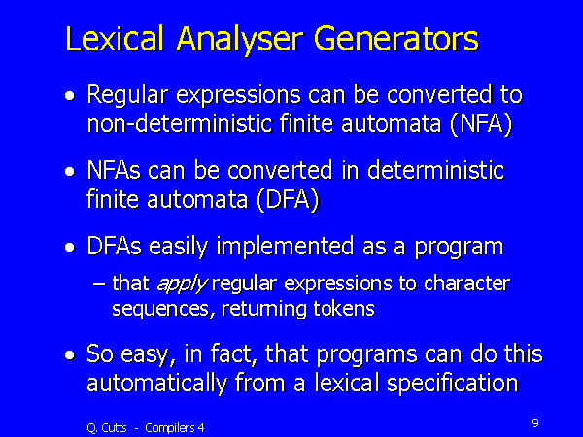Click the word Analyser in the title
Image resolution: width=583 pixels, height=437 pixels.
click(x=236, y=39)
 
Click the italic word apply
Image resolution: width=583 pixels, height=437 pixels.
click(x=175, y=284)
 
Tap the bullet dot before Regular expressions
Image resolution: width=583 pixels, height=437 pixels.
click(x=68, y=98)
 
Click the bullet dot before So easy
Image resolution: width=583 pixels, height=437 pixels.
click(x=68, y=356)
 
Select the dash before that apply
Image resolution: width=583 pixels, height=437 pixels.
click(x=100, y=284)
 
